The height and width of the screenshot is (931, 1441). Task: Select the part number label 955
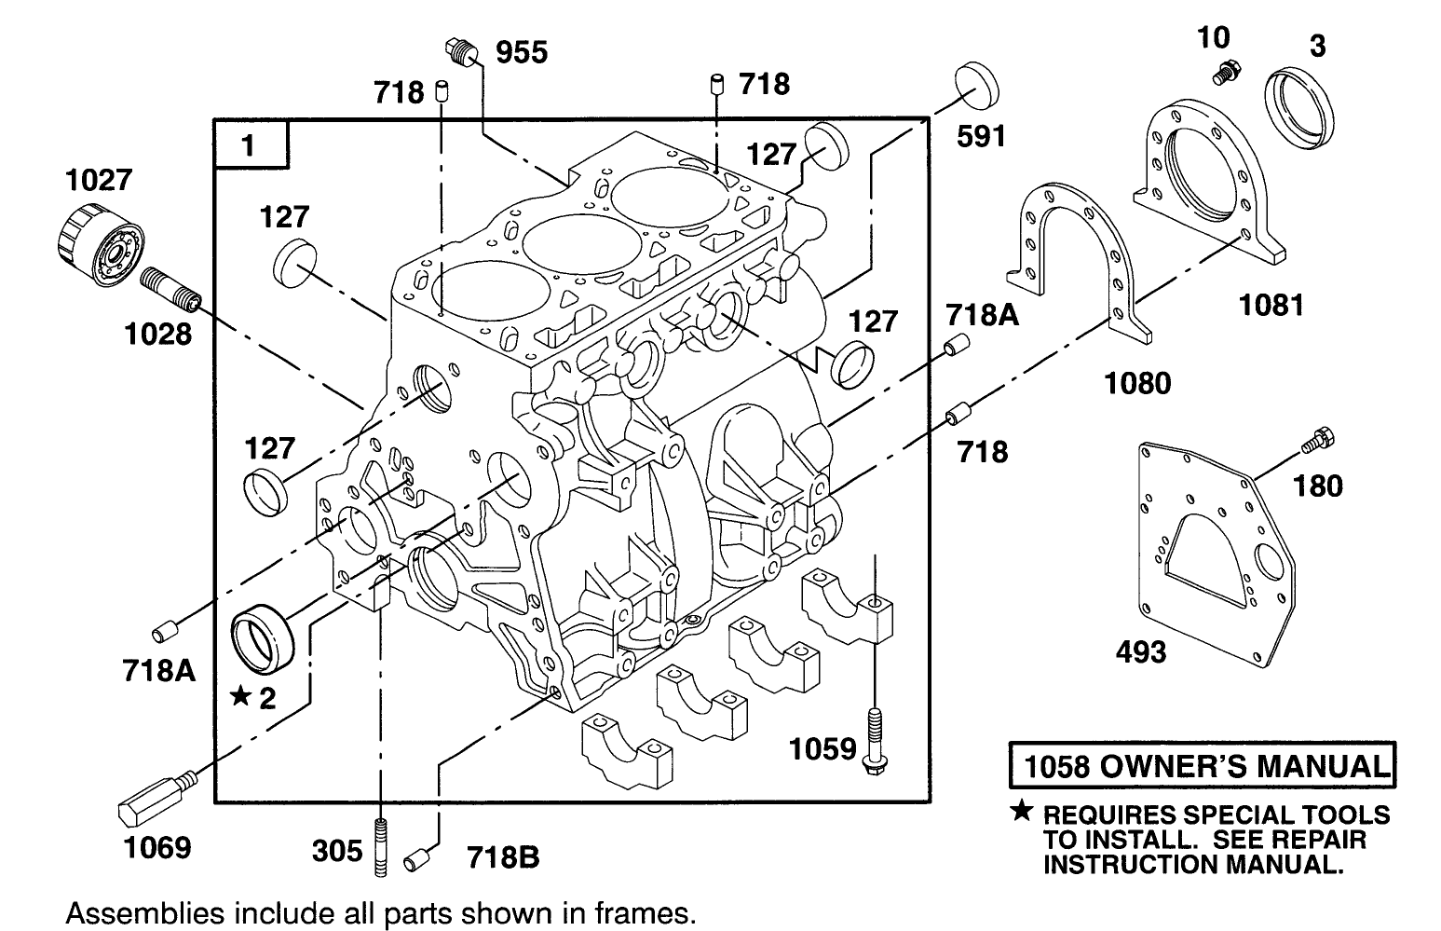[521, 53]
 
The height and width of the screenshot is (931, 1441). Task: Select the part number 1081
[1271, 304]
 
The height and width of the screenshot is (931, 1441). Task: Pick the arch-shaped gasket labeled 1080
[1071, 252]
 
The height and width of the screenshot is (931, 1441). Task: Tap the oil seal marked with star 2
[263, 637]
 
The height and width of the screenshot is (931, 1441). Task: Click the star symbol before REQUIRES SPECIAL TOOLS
[1024, 814]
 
